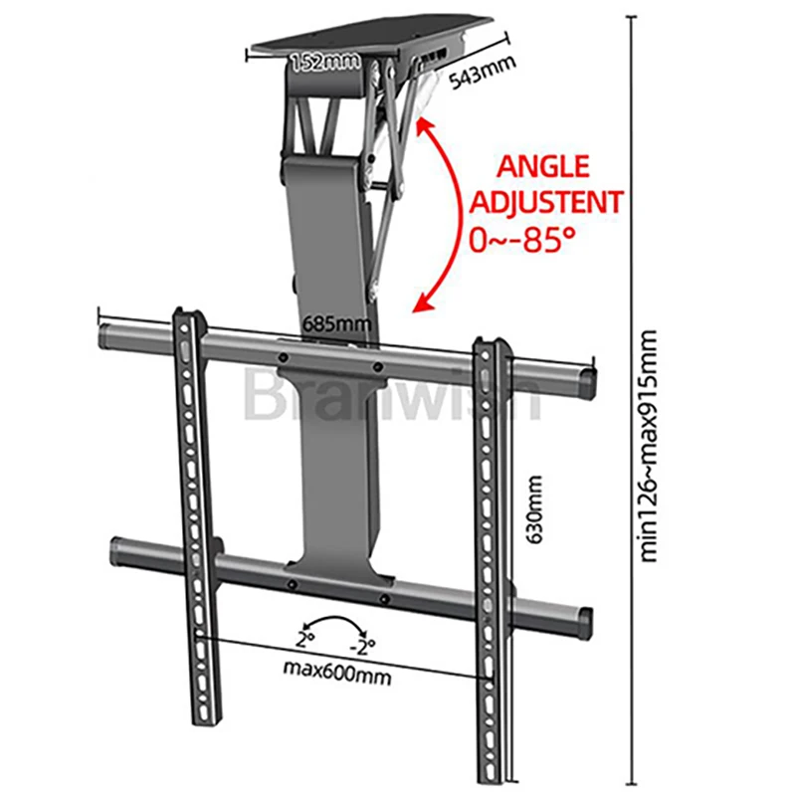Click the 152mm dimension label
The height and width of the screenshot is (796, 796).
click(x=324, y=63)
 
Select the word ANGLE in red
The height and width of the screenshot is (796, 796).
click(x=543, y=166)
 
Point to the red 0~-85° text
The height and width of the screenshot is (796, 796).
click(x=525, y=240)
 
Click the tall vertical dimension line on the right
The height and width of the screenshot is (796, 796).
click(x=628, y=398)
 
